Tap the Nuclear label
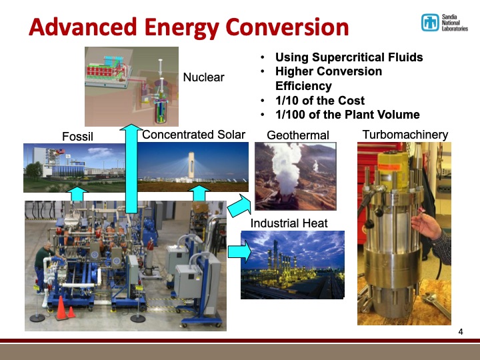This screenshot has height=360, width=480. pyautogui.click(x=203, y=78)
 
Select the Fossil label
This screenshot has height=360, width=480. pyautogui.click(x=77, y=137)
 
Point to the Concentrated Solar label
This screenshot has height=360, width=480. pyautogui.click(x=193, y=135)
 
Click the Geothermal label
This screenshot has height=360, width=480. pyautogui.click(x=297, y=135)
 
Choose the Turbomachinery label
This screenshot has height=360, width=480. pyautogui.click(x=405, y=135)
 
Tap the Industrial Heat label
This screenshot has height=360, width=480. pyautogui.click(x=289, y=223)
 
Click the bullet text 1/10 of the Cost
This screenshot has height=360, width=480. pyautogui.click(x=319, y=101)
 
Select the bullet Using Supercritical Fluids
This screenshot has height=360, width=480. pyautogui.click(x=349, y=57)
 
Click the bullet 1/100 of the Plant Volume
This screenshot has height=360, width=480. pyautogui.click(x=347, y=115)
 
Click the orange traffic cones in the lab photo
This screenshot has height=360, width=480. pyautogui.click(x=64, y=307)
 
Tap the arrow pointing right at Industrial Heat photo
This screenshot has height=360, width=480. pyautogui.click(x=239, y=252)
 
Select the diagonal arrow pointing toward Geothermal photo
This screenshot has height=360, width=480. pyautogui.click(x=238, y=207)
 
